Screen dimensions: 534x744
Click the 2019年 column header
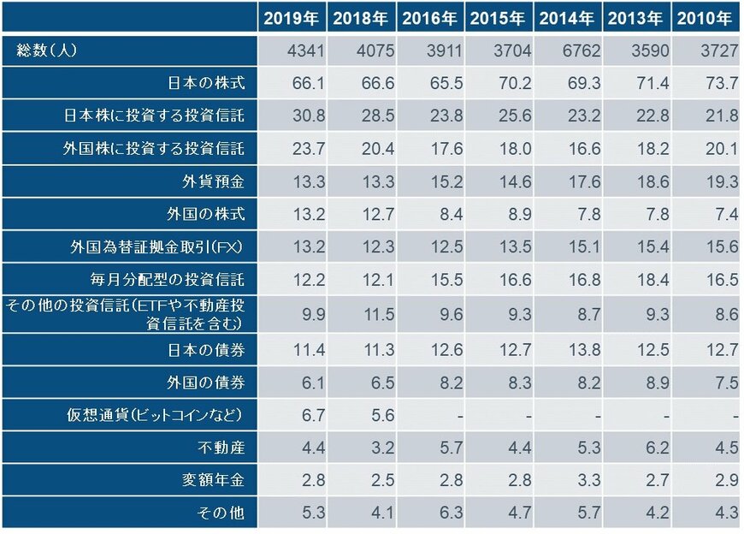(292, 17)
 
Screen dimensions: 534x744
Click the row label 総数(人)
(48, 50)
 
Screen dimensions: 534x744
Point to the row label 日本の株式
(206, 83)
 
